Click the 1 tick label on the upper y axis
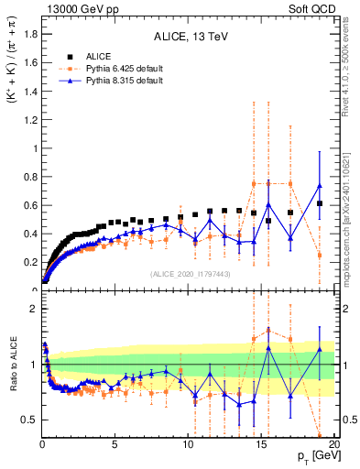(x=34, y=148)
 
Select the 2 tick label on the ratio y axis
(x=34, y=309)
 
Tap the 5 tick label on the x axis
(x=115, y=446)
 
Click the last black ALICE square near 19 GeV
(x=320, y=203)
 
